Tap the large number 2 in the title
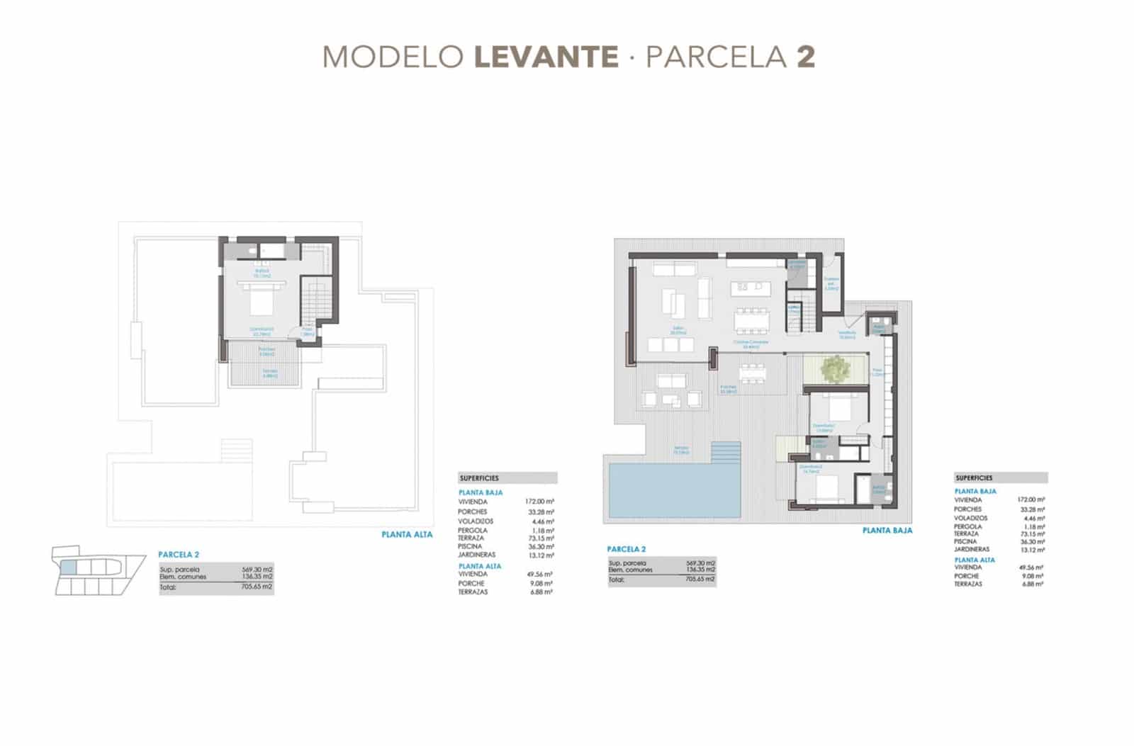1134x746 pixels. click(x=806, y=57)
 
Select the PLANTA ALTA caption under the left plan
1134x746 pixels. click(x=407, y=535)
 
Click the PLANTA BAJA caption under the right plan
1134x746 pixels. click(x=887, y=530)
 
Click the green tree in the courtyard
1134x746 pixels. click(x=835, y=368)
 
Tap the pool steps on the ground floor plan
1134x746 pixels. click(x=726, y=451)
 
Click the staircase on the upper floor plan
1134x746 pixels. click(x=315, y=300)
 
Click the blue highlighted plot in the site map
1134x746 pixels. click(x=68, y=566)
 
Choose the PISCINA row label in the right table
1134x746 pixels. click(x=965, y=541)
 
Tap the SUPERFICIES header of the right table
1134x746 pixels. click(x=974, y=478)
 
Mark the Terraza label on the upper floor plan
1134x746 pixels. click(x=270, y=371)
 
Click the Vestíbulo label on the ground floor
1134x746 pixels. click(x=847, y=333)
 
